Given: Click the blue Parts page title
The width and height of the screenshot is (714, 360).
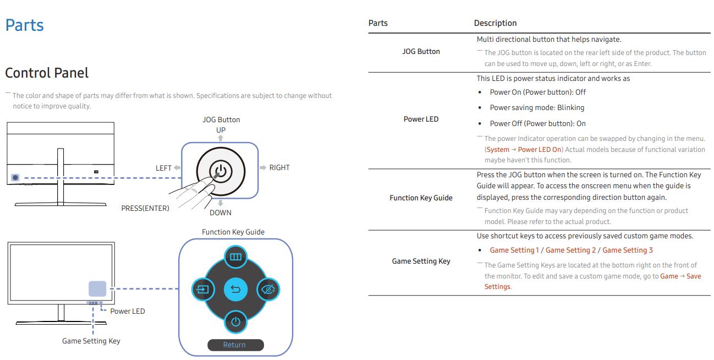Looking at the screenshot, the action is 25,25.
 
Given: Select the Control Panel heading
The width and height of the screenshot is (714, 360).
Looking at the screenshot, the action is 47,73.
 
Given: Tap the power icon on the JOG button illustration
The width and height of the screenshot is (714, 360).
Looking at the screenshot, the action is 221,171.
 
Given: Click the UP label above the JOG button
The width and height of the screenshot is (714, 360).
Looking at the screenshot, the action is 221,130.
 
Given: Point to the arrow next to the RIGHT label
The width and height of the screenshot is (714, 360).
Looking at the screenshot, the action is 263,168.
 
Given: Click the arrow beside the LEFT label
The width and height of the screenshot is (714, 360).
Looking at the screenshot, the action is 177,168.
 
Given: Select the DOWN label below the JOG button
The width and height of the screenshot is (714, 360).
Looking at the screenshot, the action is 221,212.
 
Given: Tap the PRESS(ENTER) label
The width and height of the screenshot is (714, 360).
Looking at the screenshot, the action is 145,208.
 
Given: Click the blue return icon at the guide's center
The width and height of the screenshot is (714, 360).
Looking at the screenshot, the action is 235,290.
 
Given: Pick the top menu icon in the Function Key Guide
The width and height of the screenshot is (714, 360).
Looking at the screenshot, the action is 235,257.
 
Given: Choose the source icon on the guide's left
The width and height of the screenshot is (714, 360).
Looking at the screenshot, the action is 203,290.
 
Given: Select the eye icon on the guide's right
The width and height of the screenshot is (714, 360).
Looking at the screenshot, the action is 268,290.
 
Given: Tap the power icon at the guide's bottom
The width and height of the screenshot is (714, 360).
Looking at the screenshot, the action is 235,322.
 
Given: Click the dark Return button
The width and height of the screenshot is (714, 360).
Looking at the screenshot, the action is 235,345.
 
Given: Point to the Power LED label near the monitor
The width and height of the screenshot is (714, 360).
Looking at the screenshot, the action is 128,311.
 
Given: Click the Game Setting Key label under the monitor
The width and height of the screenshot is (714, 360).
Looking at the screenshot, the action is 91,341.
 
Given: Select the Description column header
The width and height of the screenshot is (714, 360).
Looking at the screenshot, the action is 495,23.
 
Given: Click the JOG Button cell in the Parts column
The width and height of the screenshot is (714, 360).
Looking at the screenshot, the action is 421,51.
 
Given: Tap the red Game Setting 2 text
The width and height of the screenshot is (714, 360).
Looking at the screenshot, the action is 570,250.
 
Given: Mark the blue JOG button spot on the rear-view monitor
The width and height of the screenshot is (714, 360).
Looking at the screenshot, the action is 15,178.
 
